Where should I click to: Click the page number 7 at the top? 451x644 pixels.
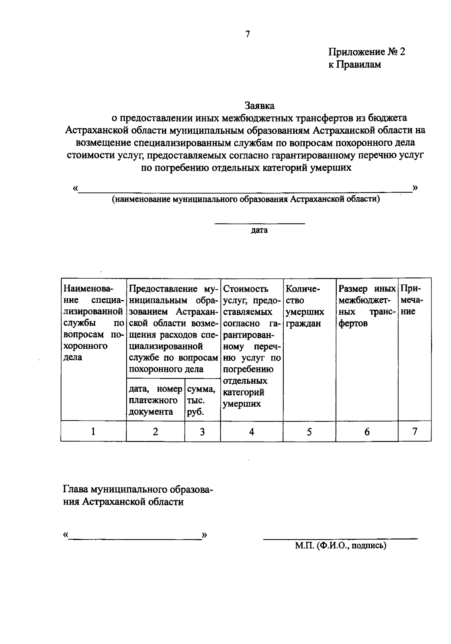247,34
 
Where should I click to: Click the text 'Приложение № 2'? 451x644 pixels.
367,52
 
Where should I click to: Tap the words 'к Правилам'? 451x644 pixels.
354,65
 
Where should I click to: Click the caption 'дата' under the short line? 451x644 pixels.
259,230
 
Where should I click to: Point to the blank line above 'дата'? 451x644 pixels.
259,224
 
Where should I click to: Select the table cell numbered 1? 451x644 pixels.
93,431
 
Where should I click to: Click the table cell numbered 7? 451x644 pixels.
415,431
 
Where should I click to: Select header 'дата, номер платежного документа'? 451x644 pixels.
155,401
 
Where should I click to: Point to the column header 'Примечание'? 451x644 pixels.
412,300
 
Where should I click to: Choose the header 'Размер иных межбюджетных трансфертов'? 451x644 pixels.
367,306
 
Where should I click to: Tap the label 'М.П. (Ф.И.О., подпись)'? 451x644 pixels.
341,546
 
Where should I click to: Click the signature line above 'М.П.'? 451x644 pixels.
340,538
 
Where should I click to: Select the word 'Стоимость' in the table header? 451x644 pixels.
246,289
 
